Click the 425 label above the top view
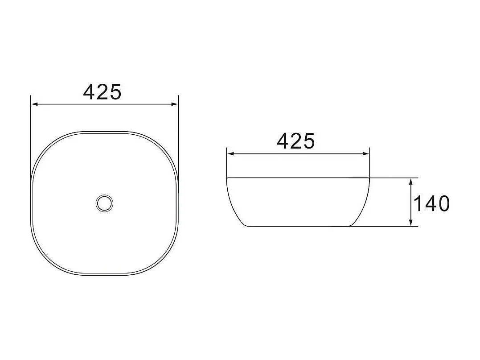pos(103,92)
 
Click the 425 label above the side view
pos(296,141)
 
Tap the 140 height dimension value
pos(432,203)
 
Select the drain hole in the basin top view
pos(104,203)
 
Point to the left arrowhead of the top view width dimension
pos(34,104)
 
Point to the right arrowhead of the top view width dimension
pos(175,104)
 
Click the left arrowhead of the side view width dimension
pos(230,154)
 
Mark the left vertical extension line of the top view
pos(31,134)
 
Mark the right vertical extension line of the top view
pos(178,134)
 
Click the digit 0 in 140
pos(443,203)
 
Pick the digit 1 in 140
pos(418,203)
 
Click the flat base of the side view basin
pos(299,226)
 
